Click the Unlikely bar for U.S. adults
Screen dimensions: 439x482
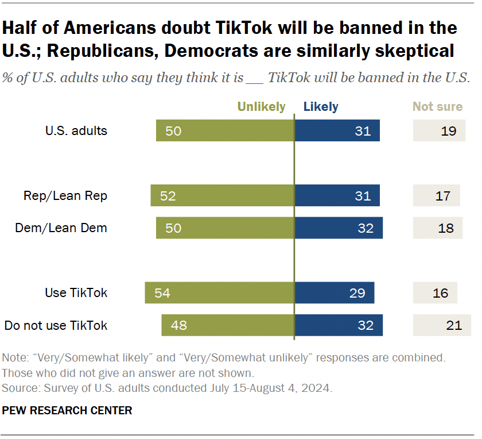click(225, 131)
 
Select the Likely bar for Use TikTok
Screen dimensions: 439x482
click(334, 293)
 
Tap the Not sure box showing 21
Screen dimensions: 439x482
click(441, 325)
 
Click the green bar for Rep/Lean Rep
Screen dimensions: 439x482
click(222, 196)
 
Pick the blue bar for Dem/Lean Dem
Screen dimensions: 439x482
click(339, 228)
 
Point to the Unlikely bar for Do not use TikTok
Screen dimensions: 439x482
click(228, 325)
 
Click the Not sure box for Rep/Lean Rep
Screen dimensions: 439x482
click(437, 196)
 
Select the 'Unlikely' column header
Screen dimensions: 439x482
click(261, 106)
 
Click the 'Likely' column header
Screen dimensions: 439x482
click(321, 106)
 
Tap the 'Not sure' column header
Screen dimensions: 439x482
click(437, 106)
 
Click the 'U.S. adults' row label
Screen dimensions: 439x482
click(76, 131)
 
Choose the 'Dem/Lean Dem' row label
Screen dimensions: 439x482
click(61, 228)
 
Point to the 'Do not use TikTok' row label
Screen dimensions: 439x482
click(56, 325)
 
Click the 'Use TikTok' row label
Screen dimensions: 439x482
click(76, 293)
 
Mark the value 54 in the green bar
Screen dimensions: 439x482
click(162, 293)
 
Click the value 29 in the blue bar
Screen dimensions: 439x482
click(357, 293)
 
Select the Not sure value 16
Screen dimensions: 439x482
click(440, 293)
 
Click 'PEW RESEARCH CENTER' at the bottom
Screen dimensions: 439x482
click(67, 410)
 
